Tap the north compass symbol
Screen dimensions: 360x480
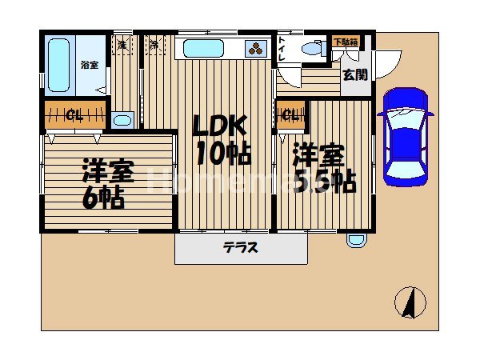click(x=410, y=302)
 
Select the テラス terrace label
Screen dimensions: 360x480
click(x=241, y=248)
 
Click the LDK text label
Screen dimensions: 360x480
click(x=218, y=127)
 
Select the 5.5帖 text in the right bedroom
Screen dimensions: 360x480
click(x=324, y=182)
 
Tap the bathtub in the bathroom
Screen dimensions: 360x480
click(x=58, y=65)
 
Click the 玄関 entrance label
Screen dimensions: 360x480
click(x=355, y=75)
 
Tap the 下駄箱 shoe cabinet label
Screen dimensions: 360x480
click(x=345, y=42)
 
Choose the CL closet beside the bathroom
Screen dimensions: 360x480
click(x=75, y=114)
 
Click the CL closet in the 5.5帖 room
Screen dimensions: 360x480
click(x=290, y=114)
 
